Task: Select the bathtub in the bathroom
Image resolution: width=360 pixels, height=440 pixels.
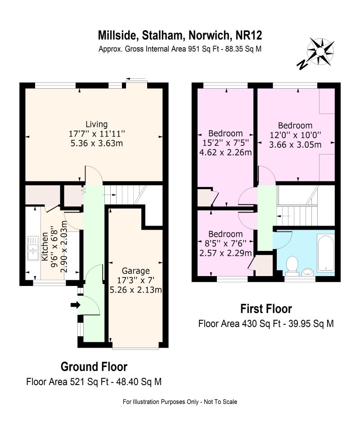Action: pos(325,253)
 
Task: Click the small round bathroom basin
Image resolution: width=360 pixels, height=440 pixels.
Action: pos(308,272)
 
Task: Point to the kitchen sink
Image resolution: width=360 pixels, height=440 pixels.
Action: pos(33,248)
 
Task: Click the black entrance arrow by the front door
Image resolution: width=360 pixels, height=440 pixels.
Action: pos(75,305)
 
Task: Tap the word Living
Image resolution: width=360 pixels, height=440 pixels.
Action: pos(96,124)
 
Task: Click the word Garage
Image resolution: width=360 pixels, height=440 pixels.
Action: pos(136,271)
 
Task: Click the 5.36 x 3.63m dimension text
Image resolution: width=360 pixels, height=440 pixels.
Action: pos(97,143)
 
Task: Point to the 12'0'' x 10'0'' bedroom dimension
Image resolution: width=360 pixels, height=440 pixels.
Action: pos(295,135)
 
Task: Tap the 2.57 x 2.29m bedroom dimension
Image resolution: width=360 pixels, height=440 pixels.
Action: pos(225,253)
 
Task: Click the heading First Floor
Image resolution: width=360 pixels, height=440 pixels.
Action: pos(266,309)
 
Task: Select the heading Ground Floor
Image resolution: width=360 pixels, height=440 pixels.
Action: pos(94,367)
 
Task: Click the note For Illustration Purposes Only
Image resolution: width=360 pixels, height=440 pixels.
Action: pos(160,402)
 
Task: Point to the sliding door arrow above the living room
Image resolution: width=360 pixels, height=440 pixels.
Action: pos(136,79)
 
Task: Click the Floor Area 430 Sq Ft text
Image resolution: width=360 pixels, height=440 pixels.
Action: pos(239,324)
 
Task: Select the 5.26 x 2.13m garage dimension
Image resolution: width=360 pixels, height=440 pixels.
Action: pos(136,290)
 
